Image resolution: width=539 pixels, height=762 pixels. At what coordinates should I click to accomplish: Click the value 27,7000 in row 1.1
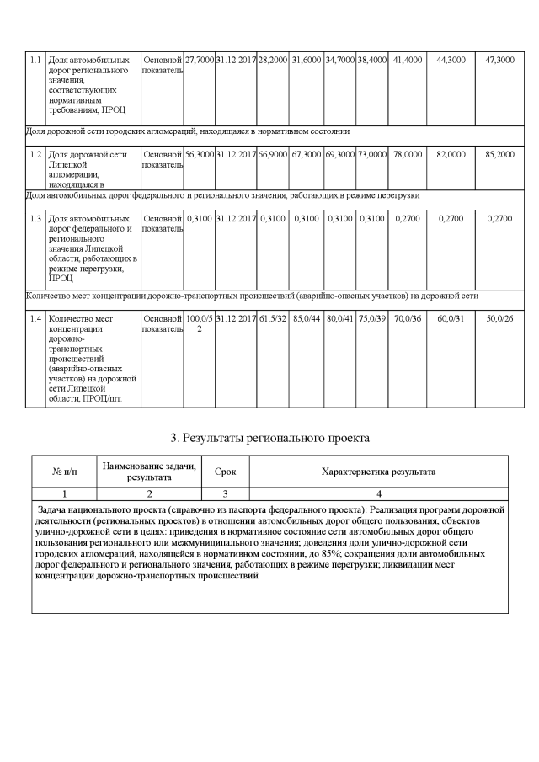click(x=199, y=61)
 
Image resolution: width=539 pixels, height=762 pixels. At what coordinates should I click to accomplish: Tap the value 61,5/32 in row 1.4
click(x=273, y=319)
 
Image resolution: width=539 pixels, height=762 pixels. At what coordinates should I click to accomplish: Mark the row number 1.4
click(x=35, y=319)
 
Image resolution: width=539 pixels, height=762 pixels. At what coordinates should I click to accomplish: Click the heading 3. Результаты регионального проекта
click(x=270, y=438)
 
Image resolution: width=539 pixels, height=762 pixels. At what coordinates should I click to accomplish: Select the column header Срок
click(x=225, y=472)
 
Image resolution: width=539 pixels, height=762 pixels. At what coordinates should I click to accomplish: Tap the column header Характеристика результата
click(x=378, y=472)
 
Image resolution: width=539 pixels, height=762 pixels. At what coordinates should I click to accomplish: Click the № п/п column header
click(x=65, y=472)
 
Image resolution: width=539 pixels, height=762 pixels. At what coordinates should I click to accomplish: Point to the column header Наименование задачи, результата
click(x=149, y=472)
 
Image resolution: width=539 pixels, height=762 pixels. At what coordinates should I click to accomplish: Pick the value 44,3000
click(x=451, y=61)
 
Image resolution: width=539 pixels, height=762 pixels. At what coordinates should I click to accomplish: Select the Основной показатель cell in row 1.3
click(x=162, y=224)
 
